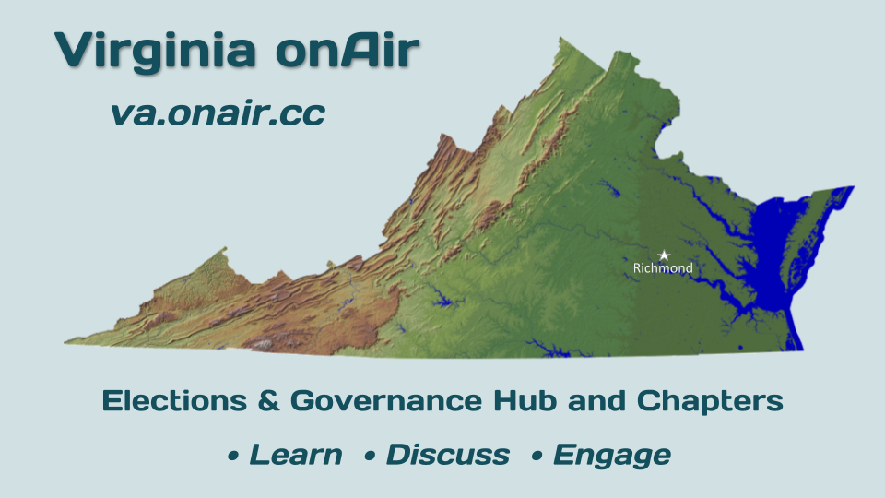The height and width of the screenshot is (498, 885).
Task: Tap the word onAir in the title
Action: (x=348, y=49)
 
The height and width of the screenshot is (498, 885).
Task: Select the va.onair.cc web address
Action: (x=218, y=113)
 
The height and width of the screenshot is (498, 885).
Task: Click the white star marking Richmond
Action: (x=664, y=255)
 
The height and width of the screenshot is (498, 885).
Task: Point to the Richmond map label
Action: (x=663, y=268)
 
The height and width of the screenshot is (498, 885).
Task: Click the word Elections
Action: (x=174, y=401)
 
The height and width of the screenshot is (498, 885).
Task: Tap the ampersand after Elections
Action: (x=268, y=401)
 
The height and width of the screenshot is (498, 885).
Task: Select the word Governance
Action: (x=386, y=401)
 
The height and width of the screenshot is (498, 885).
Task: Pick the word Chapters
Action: (x=710, y=402)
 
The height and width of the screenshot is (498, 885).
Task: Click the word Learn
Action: (x=296, y=455)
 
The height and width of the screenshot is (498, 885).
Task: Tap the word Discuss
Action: (x=448, y=455)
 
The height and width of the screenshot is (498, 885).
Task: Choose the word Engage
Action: (x=612, y=456)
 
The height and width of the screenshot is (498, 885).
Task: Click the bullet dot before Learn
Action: (x=233, y=456)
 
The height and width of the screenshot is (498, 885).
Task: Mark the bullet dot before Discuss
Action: (x=371, y=456)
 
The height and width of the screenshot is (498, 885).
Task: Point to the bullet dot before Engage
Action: (x=537, y=456)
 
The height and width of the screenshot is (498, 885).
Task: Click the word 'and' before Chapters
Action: (x=596, y=401)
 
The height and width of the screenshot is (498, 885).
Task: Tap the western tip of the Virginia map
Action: (x=65, y=341)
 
